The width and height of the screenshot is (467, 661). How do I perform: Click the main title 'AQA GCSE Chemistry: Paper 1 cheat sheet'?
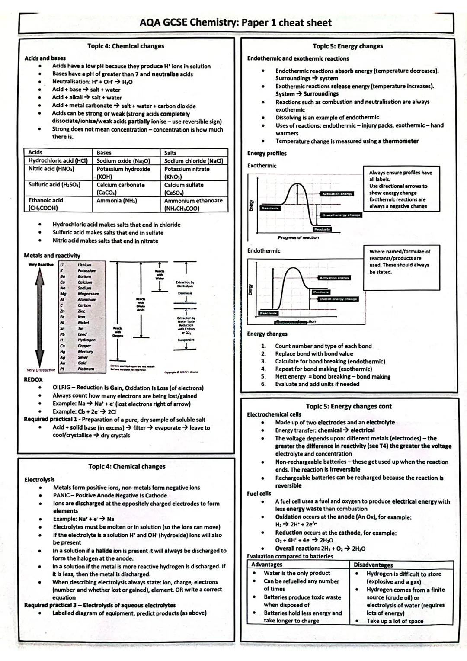point(236,22)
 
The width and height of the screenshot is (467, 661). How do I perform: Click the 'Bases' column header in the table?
point(104,153)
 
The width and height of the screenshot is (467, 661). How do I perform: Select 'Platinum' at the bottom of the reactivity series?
point(86,369)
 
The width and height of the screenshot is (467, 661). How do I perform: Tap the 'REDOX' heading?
point(33,379)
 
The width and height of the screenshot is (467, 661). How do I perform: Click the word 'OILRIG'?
point(62,388)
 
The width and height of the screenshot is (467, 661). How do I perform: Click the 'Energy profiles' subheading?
point(267,153)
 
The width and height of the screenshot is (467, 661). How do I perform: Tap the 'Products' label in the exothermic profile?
point(322,229)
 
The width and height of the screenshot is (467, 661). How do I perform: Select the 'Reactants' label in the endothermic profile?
point(268,313)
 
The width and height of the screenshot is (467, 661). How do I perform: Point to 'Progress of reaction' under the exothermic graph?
point(298,237)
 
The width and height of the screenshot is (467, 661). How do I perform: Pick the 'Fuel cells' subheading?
point(259,494)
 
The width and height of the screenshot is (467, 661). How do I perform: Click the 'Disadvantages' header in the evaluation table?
point(373,565)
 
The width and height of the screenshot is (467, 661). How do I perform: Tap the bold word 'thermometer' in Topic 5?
point(400,141)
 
